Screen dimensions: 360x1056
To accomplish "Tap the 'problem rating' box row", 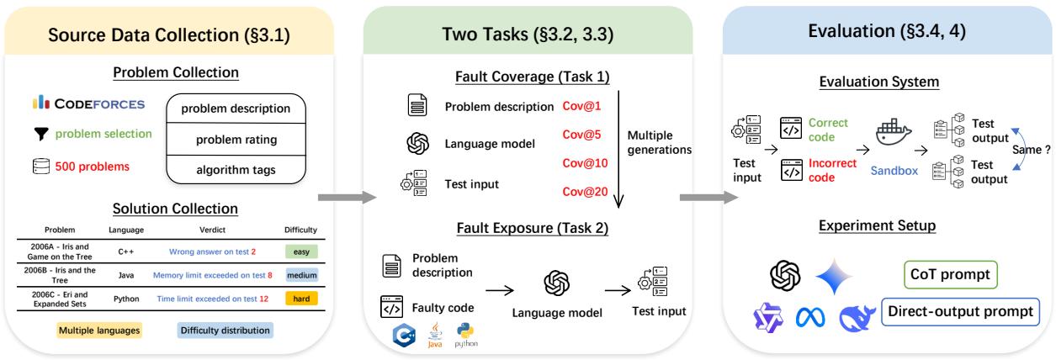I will coord(236,138).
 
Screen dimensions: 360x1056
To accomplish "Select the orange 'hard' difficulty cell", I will coord(300,298).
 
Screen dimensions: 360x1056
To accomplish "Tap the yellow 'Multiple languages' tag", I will coord(98,330).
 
